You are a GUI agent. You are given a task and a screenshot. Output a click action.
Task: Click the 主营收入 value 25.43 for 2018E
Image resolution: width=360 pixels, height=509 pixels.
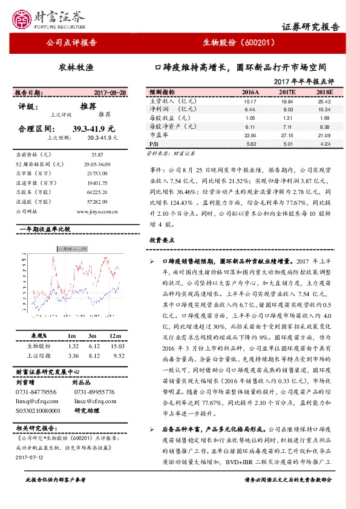pos(324,102)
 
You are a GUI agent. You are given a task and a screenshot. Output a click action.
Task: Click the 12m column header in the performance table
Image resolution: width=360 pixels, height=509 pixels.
pos(114,335)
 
